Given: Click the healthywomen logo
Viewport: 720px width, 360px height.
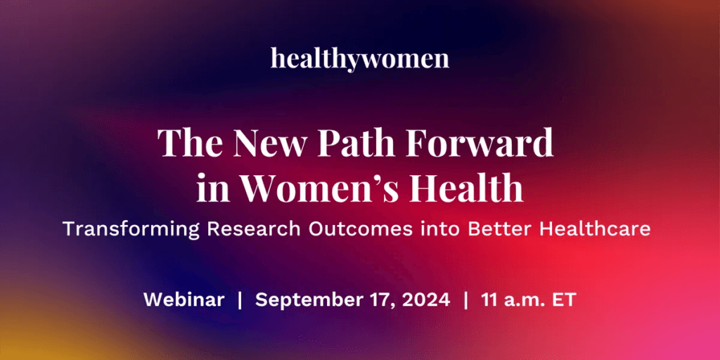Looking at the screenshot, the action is coord(359,58).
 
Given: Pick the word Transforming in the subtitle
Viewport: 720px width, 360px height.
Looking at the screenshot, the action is coord(131,229).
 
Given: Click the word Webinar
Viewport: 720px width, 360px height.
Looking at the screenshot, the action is coord(184,300).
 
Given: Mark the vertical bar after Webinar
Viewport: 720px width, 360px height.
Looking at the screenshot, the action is coord(240,300).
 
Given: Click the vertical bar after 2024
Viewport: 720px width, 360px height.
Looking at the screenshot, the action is coord(466,300).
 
